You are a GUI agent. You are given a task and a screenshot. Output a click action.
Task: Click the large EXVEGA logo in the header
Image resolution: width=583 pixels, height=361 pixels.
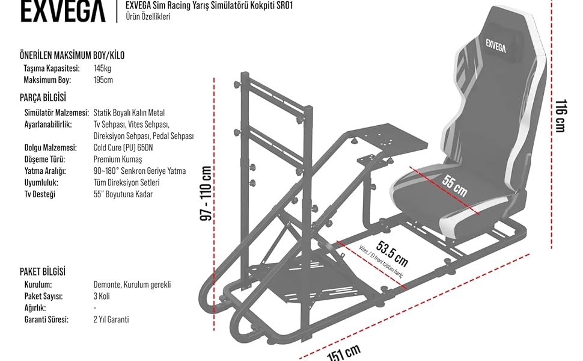tap(63, 11)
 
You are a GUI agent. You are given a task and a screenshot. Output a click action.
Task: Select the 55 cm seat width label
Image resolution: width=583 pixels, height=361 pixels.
tap(454, 185)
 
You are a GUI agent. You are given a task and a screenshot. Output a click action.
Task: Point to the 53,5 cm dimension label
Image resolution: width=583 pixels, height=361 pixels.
tap(392, 253)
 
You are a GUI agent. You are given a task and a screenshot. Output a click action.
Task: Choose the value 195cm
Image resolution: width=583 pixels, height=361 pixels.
tap(103, 79)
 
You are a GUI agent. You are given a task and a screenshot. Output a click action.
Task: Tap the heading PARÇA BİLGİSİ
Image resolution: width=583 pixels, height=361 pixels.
tap(43, 97)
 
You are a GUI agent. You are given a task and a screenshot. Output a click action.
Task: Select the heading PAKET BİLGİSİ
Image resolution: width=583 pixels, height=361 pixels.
tap(43, 272)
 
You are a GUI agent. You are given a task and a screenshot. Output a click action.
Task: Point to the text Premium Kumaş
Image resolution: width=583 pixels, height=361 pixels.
tap(118, 159)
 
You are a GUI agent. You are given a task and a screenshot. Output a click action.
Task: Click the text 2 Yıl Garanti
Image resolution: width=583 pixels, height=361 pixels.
tap(111, 319)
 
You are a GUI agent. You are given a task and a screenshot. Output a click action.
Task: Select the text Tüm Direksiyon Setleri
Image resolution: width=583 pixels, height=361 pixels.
tap(127, 182)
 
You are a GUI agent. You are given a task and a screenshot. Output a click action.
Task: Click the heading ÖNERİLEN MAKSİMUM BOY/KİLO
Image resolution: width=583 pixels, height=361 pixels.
tap(72, 55)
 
